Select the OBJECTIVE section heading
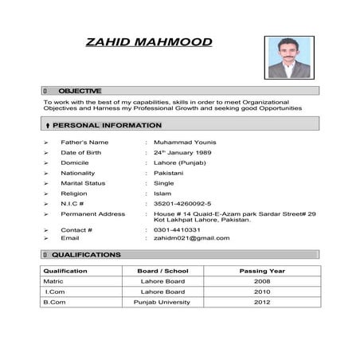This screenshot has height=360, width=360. click(x=80, y=91)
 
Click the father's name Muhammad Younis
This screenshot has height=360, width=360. click(x=184, y=142)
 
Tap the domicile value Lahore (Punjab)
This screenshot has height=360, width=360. click(x=180, y=162)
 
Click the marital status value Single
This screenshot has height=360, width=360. click(x=164, y=183)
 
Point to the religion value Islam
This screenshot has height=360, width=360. click(x=162, y=194)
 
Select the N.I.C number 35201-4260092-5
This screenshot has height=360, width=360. click(x=182, y=204)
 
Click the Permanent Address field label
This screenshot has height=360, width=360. click(x=93, y=213)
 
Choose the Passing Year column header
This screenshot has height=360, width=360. click(x=261, y=271)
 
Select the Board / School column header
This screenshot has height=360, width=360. click(x=162, y=271)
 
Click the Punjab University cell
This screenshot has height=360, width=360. click(x=162, y=302)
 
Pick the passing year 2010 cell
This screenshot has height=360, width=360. click(x=261, y=292)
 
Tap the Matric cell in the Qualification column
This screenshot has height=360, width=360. click(x=53, y=281)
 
